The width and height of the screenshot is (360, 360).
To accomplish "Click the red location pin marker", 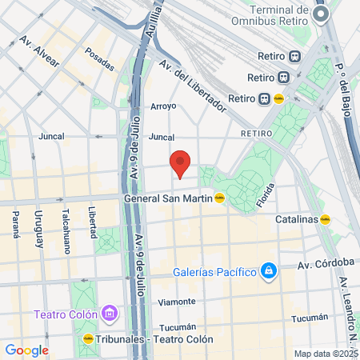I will (x=180, y=163).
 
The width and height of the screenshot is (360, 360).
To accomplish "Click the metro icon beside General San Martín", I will (x=219, y=198).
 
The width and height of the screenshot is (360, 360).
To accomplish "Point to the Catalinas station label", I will (x=296, y=218).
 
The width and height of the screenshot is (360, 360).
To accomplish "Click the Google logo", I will (x=26, y=350).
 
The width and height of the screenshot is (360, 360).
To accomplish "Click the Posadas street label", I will (x=99, y=60).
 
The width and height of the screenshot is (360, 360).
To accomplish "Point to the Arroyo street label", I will (x=162, y=106).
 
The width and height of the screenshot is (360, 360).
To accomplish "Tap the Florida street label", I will (x=266, y=197).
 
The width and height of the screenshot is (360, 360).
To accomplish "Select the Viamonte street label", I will (x=177, y=302).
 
